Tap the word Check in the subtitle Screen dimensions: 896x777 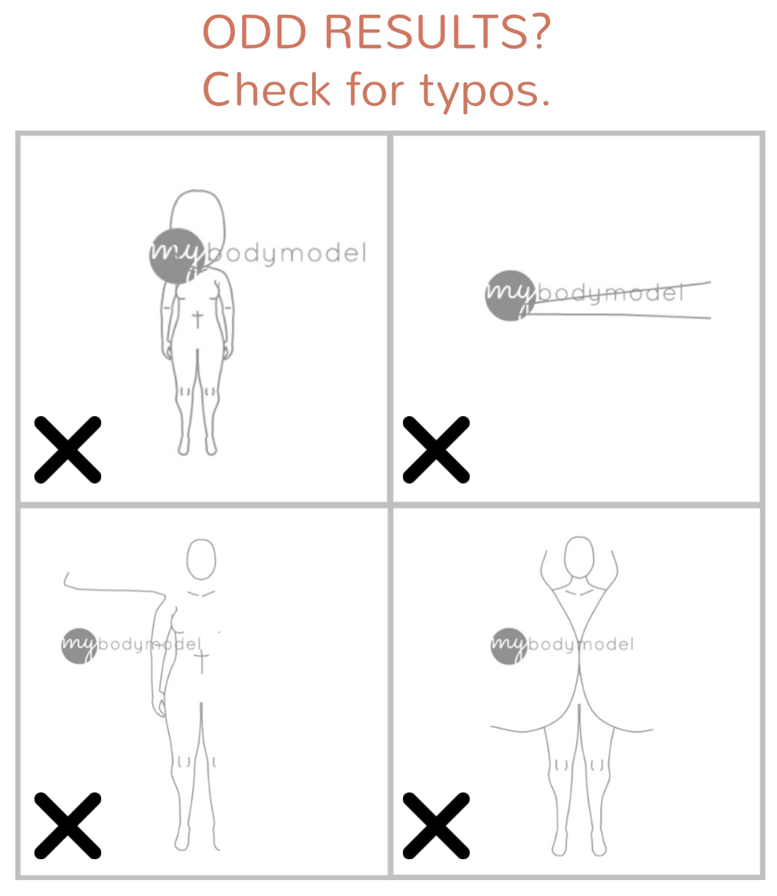pos(266,89)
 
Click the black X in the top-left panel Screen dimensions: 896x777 pos(67,450)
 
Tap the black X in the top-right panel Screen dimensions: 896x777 pos(436,450)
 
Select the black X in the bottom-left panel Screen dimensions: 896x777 pos(67,825)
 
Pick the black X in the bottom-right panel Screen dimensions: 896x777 pos(436,825)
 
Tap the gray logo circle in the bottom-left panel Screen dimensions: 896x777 pos(79,646)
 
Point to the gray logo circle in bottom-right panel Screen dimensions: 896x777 pos(509,646)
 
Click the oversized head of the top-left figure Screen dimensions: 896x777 pos(197,215)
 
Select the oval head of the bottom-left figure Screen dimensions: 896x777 pos(201,559)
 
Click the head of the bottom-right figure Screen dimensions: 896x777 pos(579,556)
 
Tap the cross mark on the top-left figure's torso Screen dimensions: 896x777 pos(197,319)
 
